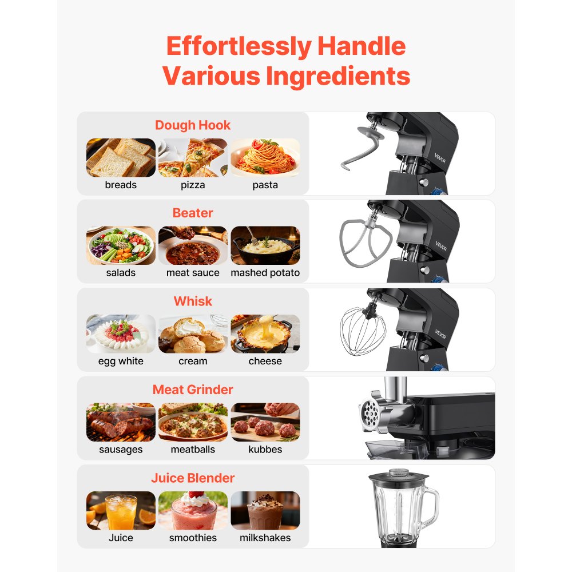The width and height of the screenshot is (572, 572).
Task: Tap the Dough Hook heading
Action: tap(193, 125)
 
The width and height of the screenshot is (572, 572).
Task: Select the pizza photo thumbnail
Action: tap(193, 157)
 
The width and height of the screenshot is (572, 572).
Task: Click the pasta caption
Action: tap(265, 185)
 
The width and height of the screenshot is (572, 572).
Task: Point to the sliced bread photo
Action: tap(121, 157)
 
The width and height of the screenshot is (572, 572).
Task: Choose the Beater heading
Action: tap(193, 213)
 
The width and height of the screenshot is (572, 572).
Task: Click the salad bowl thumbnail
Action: tap(121, 245)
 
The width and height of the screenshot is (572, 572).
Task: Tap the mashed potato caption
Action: tap(265, 273)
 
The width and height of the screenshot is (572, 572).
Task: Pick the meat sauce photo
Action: tap(193, 245)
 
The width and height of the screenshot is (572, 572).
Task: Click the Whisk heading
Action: tap(193, 301)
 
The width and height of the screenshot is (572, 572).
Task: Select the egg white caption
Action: tap(121, 361)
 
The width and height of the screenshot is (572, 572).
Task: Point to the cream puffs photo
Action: tap(193, 334)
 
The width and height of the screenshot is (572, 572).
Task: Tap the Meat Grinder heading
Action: tap(193, 390)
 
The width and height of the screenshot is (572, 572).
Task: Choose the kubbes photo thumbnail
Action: tap(265, 422)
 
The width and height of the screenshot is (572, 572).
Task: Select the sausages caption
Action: tap(121, 450)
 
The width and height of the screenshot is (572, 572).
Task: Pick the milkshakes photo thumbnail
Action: tap(265, 510)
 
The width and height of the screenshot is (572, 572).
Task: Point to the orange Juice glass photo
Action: tap(121, 510)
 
